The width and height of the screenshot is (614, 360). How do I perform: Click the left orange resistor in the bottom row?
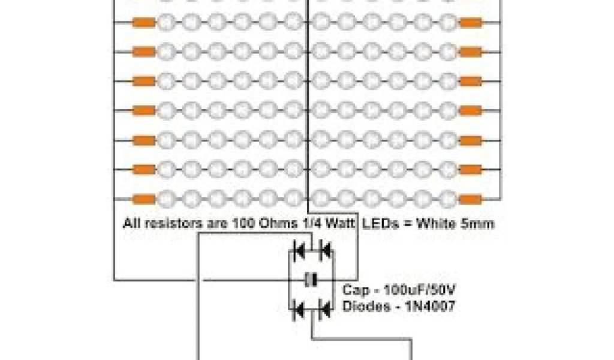point(143,198)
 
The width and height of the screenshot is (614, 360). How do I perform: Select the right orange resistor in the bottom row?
point(471,198)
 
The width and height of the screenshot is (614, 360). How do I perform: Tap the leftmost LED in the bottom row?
point(167,198)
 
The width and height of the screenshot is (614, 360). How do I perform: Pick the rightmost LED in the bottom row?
point(447,198)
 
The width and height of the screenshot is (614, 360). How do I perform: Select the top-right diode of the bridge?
point(324,248)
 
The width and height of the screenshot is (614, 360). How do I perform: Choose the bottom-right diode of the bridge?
point(324,310)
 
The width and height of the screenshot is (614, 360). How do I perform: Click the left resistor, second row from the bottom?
point(143,169)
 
